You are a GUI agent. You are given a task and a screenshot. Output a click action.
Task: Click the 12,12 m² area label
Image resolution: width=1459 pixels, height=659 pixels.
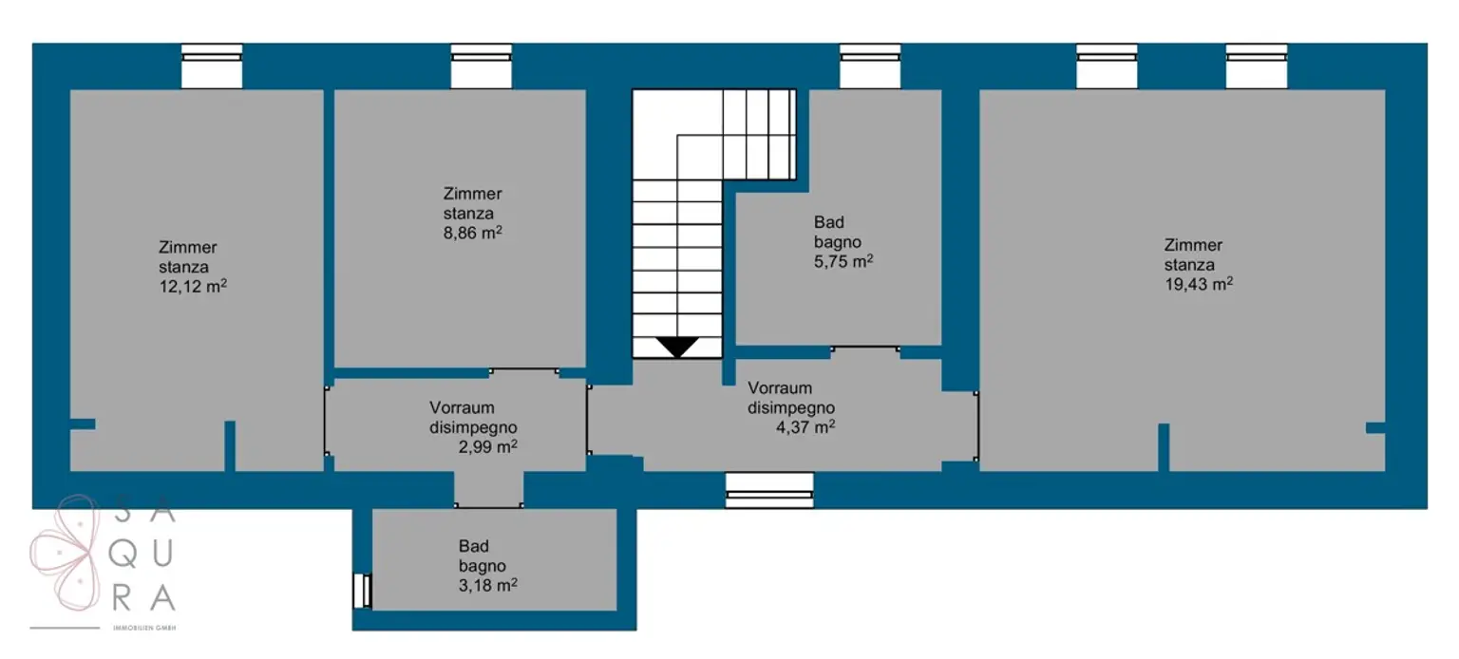193,287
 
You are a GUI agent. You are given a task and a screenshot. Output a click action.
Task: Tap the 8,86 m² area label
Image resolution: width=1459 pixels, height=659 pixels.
472,233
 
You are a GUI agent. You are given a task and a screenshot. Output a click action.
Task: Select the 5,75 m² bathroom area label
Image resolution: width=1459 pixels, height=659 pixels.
843,261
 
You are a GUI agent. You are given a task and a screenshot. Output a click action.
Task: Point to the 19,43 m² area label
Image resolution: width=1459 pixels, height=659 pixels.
1199,285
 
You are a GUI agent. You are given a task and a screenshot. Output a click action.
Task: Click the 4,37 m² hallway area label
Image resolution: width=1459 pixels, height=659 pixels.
805,427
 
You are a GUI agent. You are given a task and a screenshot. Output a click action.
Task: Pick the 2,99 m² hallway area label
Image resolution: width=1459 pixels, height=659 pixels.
488,446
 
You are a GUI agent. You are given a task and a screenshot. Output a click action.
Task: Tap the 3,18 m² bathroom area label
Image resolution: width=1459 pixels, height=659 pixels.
488,586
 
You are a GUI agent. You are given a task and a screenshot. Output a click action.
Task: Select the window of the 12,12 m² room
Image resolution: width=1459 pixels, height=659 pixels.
212,66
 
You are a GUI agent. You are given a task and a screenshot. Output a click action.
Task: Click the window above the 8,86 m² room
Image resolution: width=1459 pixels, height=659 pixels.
482,66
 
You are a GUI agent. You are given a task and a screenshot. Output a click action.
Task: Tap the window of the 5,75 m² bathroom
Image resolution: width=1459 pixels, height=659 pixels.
870,66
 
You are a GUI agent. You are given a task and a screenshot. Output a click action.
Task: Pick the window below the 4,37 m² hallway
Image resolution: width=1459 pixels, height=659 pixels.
769,490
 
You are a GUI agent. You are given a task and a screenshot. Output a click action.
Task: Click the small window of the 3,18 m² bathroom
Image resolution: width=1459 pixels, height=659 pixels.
362,591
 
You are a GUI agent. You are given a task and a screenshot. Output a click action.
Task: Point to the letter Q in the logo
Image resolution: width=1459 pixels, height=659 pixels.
122,555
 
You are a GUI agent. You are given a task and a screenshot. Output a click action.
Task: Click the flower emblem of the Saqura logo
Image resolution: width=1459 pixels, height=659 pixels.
64,553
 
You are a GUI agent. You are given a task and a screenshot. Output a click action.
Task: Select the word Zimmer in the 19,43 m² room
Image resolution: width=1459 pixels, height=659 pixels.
1193,246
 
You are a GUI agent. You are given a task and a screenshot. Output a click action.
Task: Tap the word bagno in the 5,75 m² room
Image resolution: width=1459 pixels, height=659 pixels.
838,243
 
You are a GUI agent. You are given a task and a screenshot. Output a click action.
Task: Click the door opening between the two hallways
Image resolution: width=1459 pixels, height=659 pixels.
588,420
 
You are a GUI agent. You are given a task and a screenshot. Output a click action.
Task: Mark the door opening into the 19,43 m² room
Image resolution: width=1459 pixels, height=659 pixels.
976,426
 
